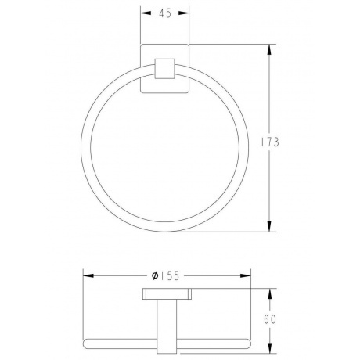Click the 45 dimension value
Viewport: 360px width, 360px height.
coord(165,13)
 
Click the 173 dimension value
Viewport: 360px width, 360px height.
coord(270,142)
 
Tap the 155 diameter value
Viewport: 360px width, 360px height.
coord(169,275)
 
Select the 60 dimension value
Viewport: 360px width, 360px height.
coord(270,319)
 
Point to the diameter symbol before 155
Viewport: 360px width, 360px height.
coord(155,275)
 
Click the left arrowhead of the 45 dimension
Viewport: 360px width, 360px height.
coord(146,13)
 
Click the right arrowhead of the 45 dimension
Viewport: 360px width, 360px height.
coord(184,13)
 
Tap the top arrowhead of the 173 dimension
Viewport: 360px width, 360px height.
coord(269,49)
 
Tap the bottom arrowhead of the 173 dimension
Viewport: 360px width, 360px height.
coord(269,226)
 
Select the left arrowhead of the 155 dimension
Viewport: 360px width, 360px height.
coord(88,275)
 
